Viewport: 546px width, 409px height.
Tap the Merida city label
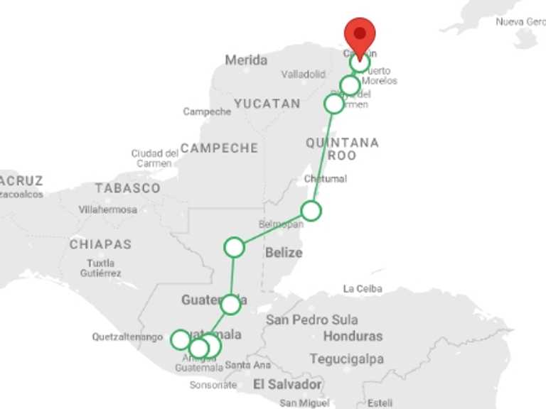point(246,60)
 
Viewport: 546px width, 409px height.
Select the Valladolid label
point(303,74)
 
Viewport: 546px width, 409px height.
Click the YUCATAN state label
point(267,104)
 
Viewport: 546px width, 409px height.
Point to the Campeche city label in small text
point(207,111)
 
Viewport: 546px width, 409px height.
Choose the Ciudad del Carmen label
point(155,158)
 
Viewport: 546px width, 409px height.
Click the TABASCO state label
point(128,188)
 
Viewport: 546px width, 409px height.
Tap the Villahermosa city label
point(108,210)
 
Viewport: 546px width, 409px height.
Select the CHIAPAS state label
point(100,244)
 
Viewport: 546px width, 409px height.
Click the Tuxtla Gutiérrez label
point(100,267)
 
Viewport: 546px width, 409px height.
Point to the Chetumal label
point(325,178)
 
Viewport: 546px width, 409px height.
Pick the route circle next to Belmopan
point(311,211)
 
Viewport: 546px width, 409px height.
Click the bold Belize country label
point(284,253)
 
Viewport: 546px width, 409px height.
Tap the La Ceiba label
point(363,289)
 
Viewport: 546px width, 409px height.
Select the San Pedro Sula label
point(312,320)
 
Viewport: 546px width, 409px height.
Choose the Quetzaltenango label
point(127,337)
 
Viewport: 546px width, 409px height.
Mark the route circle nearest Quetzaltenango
point(181,339)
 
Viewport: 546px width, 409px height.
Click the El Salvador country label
point(287,385)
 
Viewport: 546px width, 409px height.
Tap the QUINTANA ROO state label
point(342,148)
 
